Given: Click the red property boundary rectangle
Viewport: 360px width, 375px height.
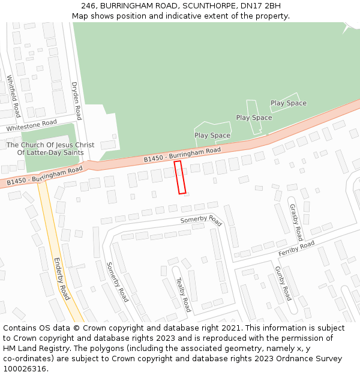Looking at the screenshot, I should (x=180, y=177).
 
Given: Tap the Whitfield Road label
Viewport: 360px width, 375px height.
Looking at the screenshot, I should (x=14, y=96).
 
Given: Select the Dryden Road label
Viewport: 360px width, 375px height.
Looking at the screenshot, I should (x=76, y=101).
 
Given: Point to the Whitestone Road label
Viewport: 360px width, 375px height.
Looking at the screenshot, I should (x=31, y=126).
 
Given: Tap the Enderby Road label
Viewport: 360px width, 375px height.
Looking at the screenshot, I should (x=62, y=279).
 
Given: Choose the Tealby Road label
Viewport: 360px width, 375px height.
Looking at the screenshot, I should (x=182, y=295).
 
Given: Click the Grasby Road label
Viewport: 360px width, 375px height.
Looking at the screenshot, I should (x=296, y=222).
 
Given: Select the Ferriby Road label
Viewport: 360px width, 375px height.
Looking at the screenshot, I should (x=296, y=249).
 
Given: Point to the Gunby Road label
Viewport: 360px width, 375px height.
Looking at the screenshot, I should (x=283, y=283).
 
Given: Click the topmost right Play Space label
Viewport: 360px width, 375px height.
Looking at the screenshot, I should (x=288, y=103).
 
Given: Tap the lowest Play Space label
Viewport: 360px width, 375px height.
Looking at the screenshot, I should (x=212, y=136).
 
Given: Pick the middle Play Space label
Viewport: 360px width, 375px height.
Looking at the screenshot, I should (x=254, y=118).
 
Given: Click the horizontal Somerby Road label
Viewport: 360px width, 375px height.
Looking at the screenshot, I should (x=201, y=220).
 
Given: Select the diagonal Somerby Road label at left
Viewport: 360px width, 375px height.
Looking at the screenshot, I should (x=117, y=282).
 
